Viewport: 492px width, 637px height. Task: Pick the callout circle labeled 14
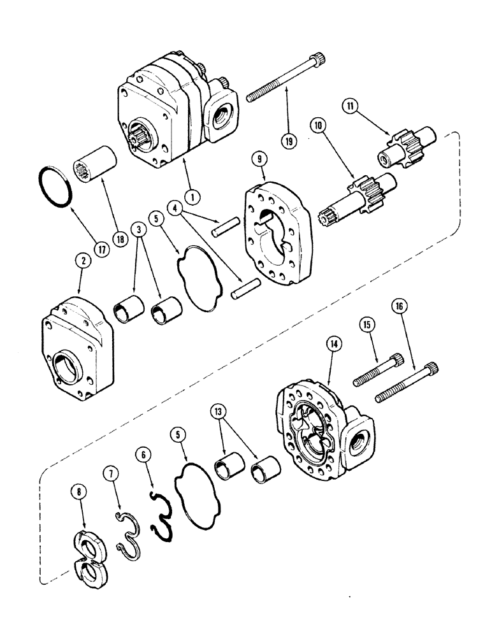334,345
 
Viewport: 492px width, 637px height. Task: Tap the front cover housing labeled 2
75,354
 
